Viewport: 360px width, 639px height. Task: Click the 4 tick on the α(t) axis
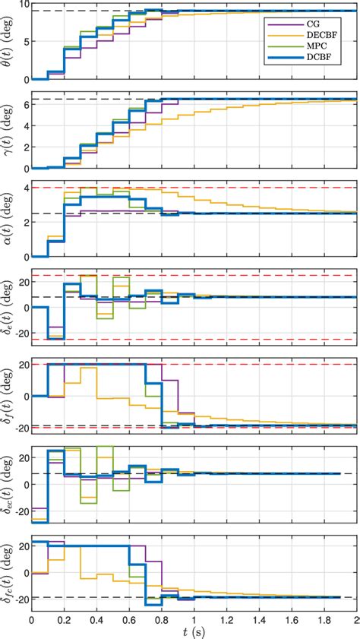(24, 188)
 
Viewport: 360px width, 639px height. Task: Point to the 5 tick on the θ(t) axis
(24, 42)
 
